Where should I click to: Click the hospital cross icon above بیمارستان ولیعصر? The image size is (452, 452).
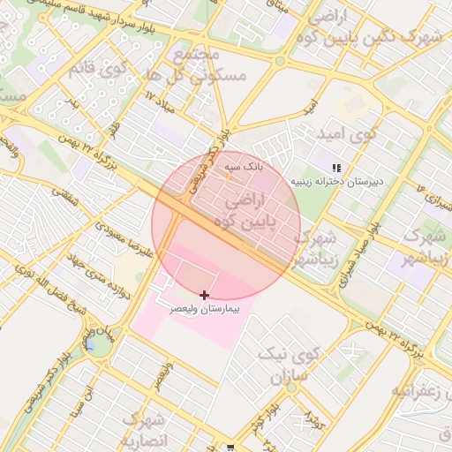click(205, 294)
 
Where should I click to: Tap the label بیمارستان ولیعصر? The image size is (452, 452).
click(205, 311)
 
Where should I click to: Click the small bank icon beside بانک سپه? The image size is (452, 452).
click(228, 176)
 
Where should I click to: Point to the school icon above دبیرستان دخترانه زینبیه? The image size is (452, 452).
click(335, 168)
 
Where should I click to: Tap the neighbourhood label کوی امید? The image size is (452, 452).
click(346, 134)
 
